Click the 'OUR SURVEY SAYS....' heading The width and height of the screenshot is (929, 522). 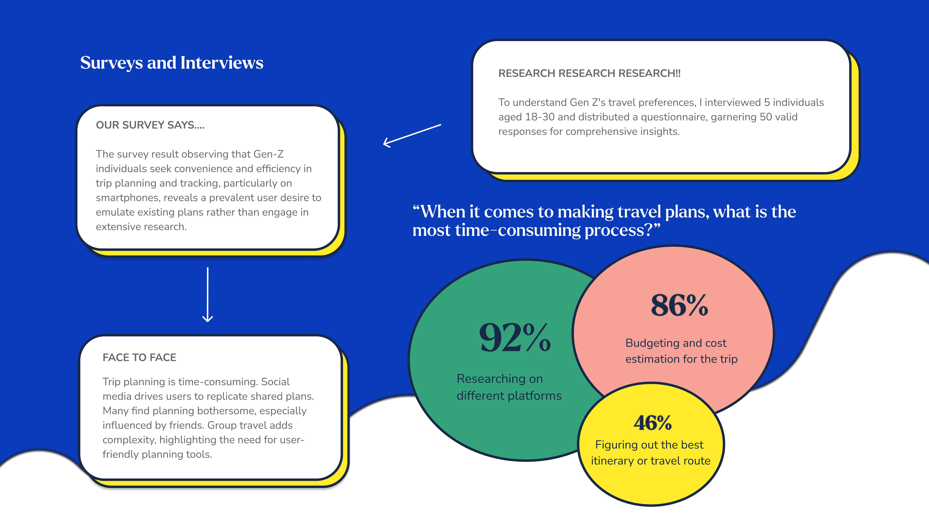[150, 125]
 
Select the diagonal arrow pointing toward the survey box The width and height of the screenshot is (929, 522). [412, 136]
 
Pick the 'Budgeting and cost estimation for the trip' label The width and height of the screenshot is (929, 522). [681, 351]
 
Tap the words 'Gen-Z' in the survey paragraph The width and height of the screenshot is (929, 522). [269, 154]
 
